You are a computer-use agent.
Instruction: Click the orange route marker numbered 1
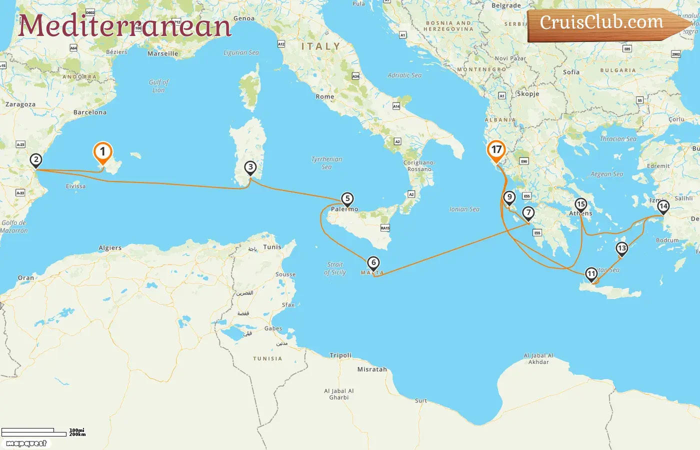click(x=102, y=152)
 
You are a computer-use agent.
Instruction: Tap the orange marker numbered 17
click(x=496, y=150)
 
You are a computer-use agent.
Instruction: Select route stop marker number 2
click(x=35, y=160)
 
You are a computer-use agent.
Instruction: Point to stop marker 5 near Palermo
click(x=347, y=199)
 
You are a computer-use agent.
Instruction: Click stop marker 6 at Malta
click(x=373, y=263)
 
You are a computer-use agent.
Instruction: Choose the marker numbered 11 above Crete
click(x=591, y=274)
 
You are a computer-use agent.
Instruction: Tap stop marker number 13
click(x=621, y=248)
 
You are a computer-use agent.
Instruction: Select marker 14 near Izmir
click(x=663, y=206)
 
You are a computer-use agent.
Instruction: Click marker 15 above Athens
click(x=580, y=204)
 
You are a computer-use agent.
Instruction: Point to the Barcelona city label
click(x=90, y=112)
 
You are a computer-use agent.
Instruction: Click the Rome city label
click(x=325, y=96)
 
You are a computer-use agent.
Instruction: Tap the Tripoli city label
click(x=340, y=355)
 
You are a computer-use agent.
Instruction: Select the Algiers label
click(x=110, y=248)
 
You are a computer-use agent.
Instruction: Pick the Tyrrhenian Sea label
click(x=327, y=163)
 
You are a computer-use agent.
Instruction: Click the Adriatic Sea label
click(x=404, y=75)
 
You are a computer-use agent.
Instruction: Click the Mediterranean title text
click(x=125, y=26)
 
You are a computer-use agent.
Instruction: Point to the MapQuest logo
click(x=26, y=443)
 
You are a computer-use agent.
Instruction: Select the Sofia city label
click(x=571, y=72)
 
